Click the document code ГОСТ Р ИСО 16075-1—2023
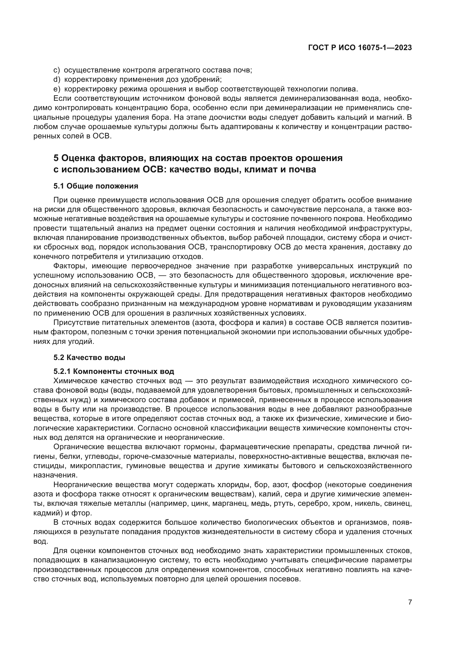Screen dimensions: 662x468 [x=360, y=48]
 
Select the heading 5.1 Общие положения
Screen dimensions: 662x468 [x=96, y=186]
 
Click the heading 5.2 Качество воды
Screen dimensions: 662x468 [x=89, y=358]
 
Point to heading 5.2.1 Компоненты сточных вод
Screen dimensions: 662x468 [x=114, y=371]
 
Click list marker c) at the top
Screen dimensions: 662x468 [x=57, y=70]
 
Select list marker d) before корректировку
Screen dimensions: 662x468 [x=57, y=79]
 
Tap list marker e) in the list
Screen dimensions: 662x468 [x=57, y=89]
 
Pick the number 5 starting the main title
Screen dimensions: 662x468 [x=56, y=158]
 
